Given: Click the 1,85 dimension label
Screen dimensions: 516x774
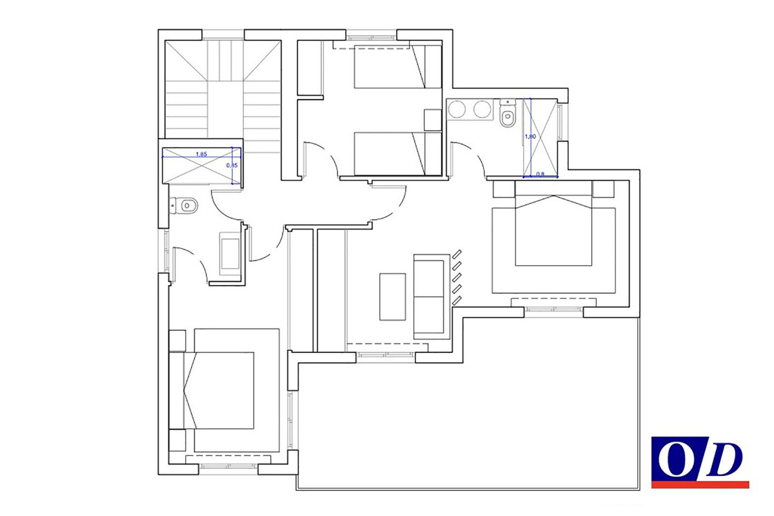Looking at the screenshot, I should click(201, 155).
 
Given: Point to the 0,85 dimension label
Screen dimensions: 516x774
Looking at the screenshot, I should click(233, 165).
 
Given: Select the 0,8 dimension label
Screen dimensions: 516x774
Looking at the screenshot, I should click(541, 174).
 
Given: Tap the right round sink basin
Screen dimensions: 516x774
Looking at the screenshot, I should click(482, 110).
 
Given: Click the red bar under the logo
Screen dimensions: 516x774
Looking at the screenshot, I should click(700, 484).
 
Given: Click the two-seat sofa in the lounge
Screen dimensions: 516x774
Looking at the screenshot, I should click(430, 297).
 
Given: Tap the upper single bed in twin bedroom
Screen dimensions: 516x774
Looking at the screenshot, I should click(397, 65).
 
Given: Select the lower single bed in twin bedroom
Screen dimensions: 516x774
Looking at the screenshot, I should click(397, 153).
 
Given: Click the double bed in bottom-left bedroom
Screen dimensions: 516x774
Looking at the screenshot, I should click(223, 390).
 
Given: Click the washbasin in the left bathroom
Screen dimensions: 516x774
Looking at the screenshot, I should click(230, 255).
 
